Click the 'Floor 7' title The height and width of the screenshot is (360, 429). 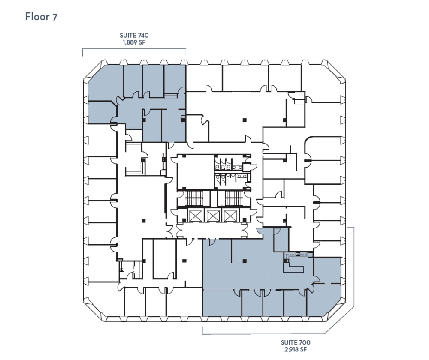click(42, 17)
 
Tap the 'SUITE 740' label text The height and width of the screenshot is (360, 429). click(134, 36)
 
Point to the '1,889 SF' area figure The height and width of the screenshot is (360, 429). click(134, 42)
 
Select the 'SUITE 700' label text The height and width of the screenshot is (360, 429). click(296, 342)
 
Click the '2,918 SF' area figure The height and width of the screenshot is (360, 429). click(296, 349)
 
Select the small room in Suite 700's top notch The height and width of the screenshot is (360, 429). click(281, 240)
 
